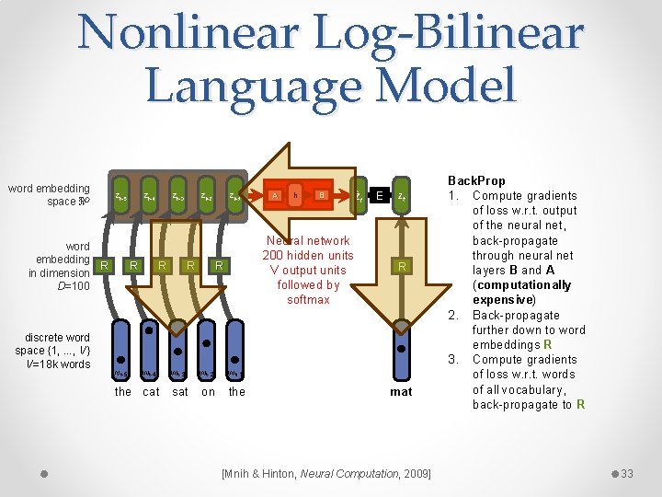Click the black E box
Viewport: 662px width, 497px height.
click(379, 195)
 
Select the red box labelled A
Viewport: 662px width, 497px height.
click(274, 195)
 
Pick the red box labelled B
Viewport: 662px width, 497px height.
click(321, 195)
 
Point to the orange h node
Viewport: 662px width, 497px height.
click(295, 195)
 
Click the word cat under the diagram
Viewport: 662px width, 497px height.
click(151, 392)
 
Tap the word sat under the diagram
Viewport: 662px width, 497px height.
click(180, 392)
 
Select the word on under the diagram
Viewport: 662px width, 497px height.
click(208, 392)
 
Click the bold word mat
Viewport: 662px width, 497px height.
click(401, 392)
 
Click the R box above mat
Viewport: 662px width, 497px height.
click(401, 266)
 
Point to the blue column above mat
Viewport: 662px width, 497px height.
click(401, 350)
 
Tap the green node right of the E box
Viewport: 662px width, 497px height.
click(401, 195)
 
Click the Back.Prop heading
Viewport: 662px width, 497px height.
click(475, 181)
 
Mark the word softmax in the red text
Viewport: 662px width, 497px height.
click(307, 299)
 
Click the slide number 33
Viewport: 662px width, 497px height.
click(627, 473)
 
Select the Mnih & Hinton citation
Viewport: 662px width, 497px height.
click(326, 473)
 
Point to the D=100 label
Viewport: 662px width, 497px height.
click(74, 286)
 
